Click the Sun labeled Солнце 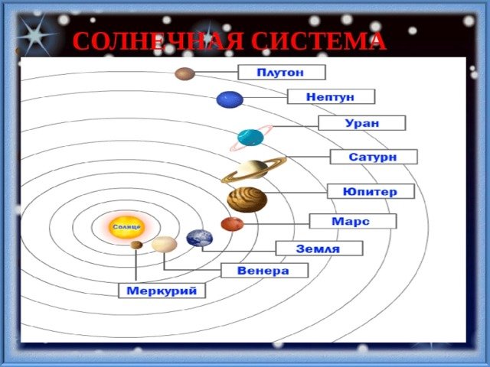point(126,227)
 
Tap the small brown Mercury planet point(136,245)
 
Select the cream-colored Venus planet point(165,244)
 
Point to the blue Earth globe point(200,238)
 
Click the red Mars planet point(232,224)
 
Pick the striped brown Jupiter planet point(247,200)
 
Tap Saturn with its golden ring point(253,170)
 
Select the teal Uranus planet point(250,138)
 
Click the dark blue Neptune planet point(230,99)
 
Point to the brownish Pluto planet point(185,74)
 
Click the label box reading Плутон point(282,73)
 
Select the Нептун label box point(331,97)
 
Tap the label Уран point(362,123)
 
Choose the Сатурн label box point(374,157)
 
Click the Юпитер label point(371,191)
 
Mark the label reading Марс point(353,221)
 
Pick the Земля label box point(319,248)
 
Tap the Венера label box point(264,270)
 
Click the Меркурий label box point(162,291)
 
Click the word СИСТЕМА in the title point(318,41)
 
